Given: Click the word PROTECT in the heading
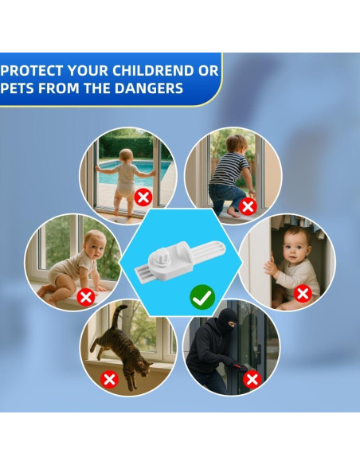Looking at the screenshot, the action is [x=32, y=71].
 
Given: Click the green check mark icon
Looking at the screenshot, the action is [x=202, y=297].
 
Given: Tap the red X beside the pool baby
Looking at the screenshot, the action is [x=143, y=197].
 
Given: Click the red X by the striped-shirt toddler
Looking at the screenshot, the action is [x=248, y=207].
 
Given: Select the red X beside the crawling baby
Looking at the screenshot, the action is [x=86, y=297].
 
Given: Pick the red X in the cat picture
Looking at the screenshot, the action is [x=109, y=379].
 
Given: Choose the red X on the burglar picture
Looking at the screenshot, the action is [x=252, y=379].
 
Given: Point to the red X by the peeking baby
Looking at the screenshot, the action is [x=303, y=294].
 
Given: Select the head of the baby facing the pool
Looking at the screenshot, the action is [x=127, y=155].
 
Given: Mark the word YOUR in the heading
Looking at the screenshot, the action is [x=88, y=71].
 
